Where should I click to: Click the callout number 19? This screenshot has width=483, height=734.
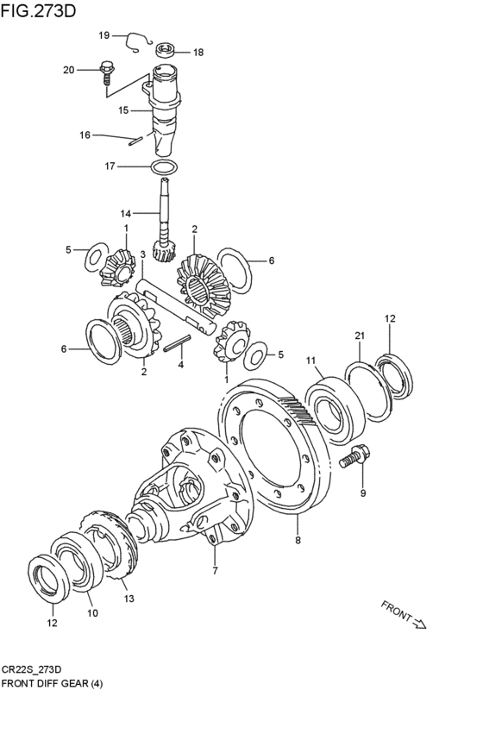point(103,35)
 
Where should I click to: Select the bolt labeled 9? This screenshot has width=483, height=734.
point(354,456)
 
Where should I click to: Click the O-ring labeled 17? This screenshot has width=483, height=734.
point(164,166)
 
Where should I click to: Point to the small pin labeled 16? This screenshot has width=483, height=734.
point(135,141)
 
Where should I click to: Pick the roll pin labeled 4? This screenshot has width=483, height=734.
point(178,342)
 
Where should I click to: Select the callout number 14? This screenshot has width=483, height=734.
point(125,213)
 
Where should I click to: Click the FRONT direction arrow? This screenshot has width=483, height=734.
point(420,624)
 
